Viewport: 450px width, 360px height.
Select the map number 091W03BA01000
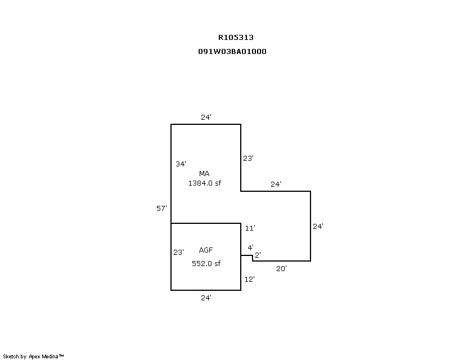coord(232,51)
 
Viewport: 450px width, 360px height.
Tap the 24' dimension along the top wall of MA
coord(206,118)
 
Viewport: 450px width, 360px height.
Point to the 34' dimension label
coord(181,164)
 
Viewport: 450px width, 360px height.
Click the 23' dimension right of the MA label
coord(248,159)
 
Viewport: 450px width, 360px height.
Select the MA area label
coord(204,173)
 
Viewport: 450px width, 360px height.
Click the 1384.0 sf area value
coord(205,183)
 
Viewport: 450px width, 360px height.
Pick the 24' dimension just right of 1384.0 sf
coord(276,184)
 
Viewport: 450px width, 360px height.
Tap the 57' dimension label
coord(161,208)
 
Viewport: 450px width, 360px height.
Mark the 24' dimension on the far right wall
coord(318,226)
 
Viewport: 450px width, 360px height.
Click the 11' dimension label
coord(250,228)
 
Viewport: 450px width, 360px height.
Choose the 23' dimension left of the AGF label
coord(178,253)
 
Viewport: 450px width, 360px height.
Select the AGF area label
coord(205,250)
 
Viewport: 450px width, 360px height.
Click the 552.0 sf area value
coord(206,263)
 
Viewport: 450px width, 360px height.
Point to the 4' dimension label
coord(250,247)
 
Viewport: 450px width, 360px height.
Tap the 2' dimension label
coord(258,255)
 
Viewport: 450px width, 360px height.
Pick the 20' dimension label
coord(281,268)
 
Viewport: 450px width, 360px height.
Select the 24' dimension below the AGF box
coord(206,298)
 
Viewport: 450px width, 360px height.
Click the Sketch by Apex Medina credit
coord(33,356)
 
